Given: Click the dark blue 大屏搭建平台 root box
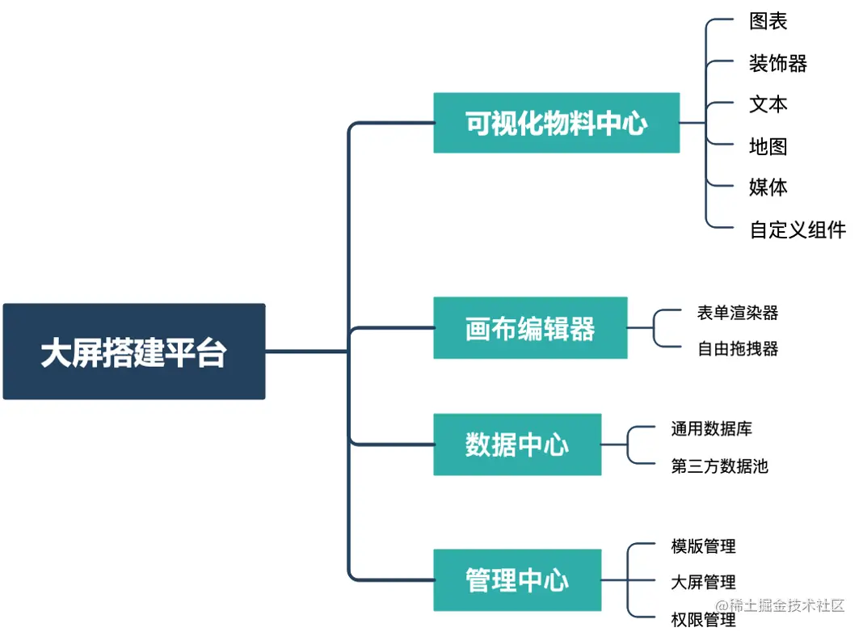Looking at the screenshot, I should [x=134, y=352].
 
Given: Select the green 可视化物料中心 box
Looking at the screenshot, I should [x=556, y=123].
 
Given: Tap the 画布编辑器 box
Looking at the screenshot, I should [x=530, y=328].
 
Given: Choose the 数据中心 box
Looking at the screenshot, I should [x=517, y=445].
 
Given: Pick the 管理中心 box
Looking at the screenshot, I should [x=517, y=580].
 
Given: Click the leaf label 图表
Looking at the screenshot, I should [x=768, y=22].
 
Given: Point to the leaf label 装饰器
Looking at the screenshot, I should [x=777, y=64].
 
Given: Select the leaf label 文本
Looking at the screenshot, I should [x=768, y=105].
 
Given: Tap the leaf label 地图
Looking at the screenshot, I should [x=768, y=146].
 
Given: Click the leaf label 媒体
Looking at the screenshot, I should [x=768, y=187].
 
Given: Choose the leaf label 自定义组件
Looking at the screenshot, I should [x=798, y=230].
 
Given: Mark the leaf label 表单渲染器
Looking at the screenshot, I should [x=738, y=313].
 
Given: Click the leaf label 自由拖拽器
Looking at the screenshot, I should [x=738, y=349].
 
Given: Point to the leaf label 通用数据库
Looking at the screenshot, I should [x=711, y=428].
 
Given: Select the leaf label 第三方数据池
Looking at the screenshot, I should [x=719, y=466].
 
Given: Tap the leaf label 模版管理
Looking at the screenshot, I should [x=703, y=547].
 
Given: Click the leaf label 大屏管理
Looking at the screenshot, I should [x=703, y=582].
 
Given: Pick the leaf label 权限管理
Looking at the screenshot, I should [x=703, y=620].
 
